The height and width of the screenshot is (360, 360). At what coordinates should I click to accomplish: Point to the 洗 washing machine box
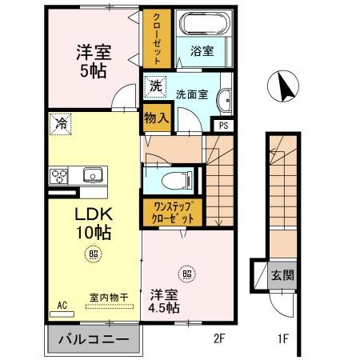coord(155,86)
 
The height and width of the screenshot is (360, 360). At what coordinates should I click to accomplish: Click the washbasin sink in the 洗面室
coord(225,100)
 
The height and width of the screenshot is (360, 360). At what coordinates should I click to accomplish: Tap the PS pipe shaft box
coord(222,125)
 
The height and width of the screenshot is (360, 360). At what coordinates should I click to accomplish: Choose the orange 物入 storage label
coord(156,118)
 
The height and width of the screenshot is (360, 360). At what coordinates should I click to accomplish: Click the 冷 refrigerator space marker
coord(59,124)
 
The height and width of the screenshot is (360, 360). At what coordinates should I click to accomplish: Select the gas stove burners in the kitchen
coord(58,174)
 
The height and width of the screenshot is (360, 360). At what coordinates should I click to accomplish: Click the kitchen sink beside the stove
coord(90,174)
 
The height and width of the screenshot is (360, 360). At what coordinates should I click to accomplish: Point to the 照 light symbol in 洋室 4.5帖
coord(187,272)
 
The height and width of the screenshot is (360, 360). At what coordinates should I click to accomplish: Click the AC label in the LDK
coord(62,304)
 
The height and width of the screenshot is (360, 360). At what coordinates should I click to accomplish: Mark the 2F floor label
coord(220,338)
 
